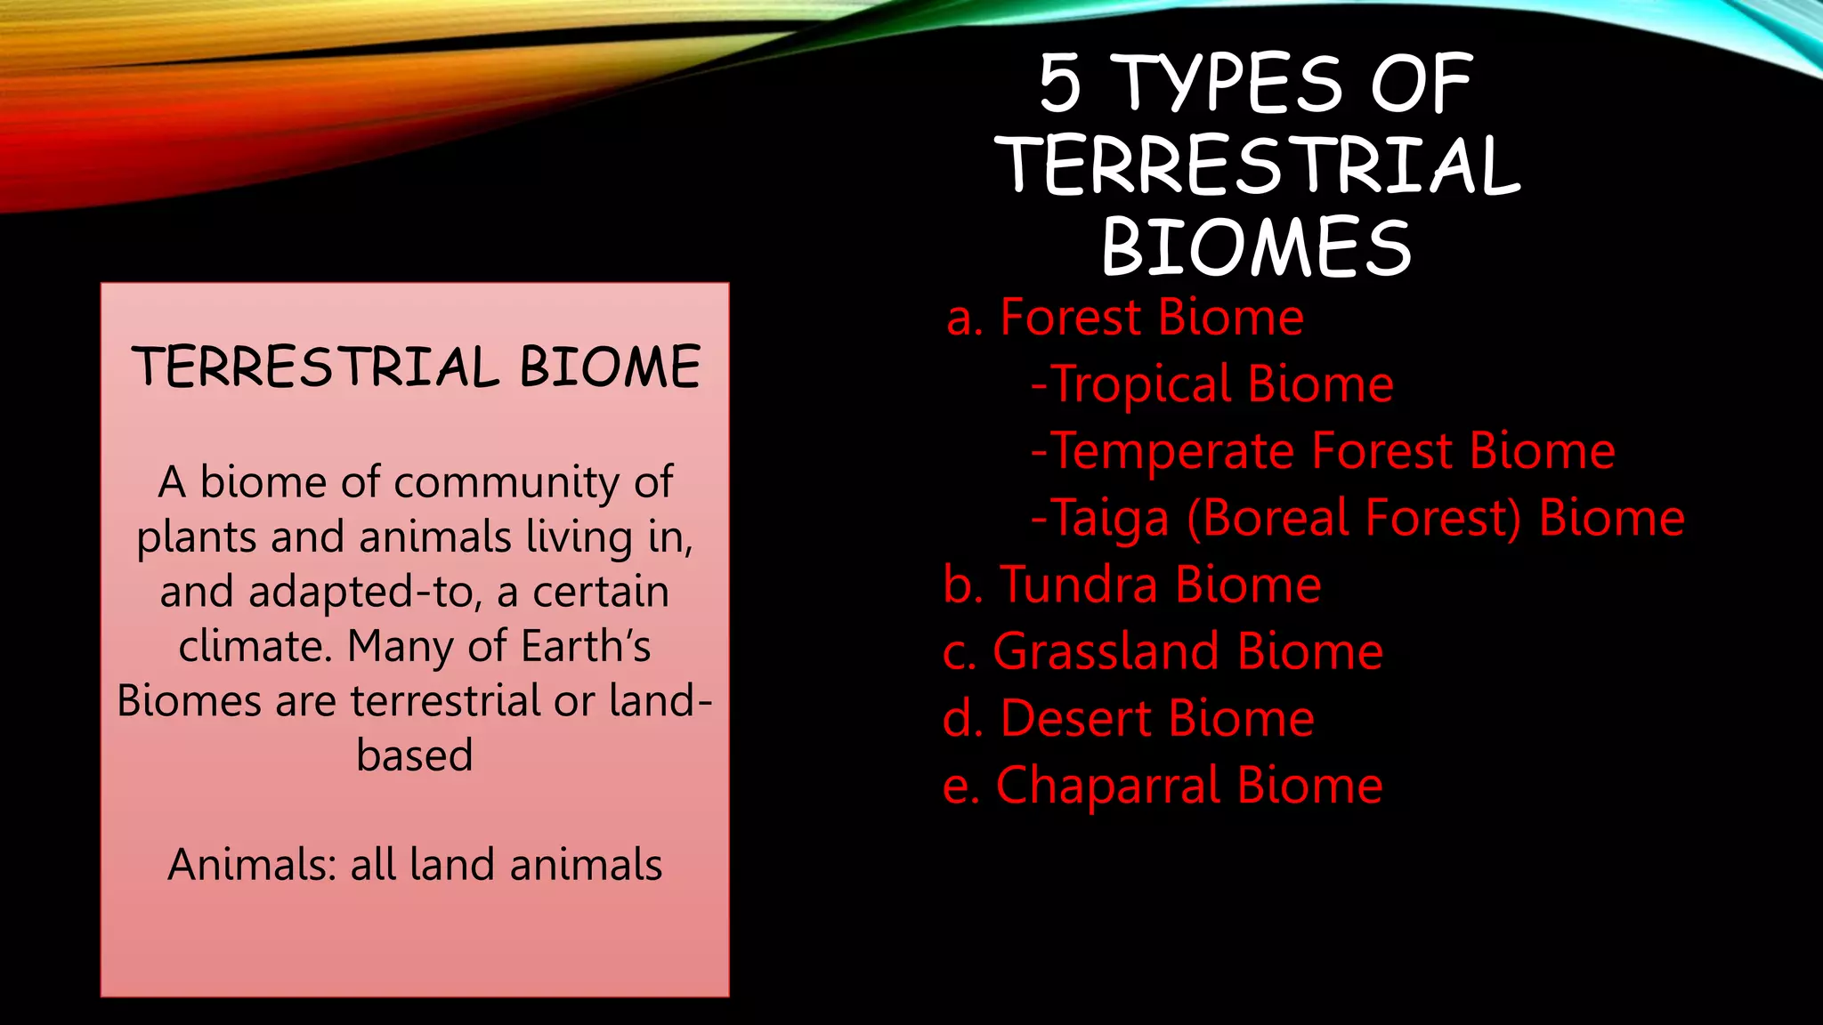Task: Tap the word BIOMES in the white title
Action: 1256,246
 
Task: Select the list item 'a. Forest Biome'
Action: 1125,318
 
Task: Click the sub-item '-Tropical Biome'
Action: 1211,384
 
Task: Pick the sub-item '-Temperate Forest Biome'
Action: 1323,451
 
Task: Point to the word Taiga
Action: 1110,518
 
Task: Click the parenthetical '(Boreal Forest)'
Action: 1354,518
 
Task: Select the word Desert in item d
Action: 1076,718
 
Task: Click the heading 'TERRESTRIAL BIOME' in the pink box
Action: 416,367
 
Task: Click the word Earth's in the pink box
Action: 586,647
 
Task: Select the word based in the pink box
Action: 415,756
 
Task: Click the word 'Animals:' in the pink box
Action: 252,865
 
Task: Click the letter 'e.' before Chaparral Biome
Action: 960,787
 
